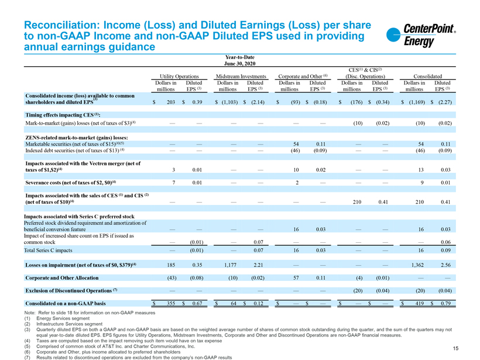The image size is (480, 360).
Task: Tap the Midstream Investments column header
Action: pyautogui.click(x=241, y=76)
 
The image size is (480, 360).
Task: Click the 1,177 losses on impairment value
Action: pyautogui.click(x=234, y=265)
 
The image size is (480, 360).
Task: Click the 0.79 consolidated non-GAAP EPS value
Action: pyautogui.click(x=444, y=303)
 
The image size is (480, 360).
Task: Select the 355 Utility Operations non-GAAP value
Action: pyautogui.click(x=172, y=303)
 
